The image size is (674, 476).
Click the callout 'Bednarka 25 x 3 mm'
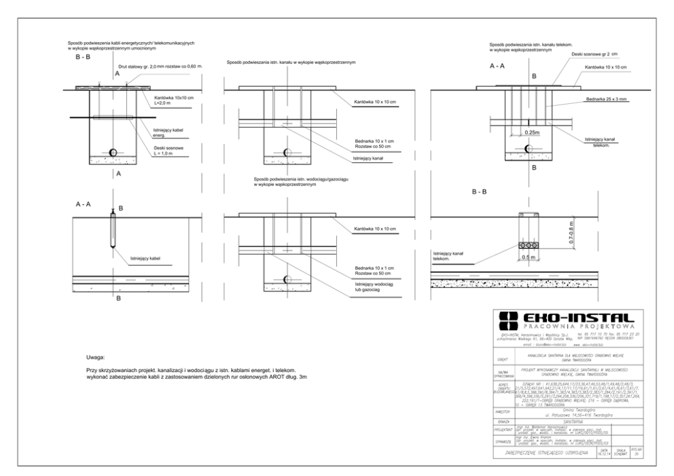click(605, 99)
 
